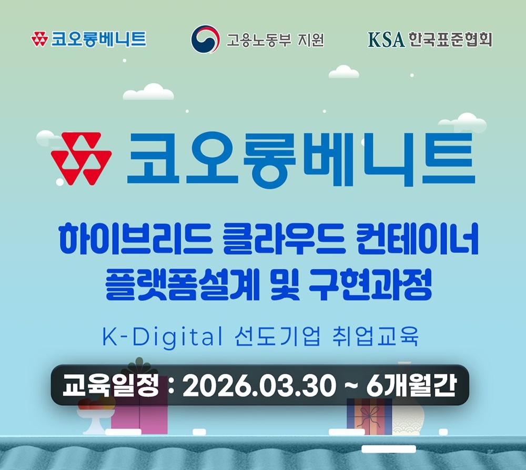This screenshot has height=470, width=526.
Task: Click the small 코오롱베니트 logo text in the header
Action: click(x=98, y=39)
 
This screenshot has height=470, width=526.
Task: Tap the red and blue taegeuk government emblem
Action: click(x=205, y=39)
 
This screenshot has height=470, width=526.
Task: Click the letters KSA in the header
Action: click(x=386, y=39)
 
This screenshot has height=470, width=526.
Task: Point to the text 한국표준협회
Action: click(x=450, y=39)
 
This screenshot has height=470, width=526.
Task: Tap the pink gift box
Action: click(x=139, y=418)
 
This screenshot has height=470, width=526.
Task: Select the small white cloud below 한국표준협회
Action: click(x=343, y=72)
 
